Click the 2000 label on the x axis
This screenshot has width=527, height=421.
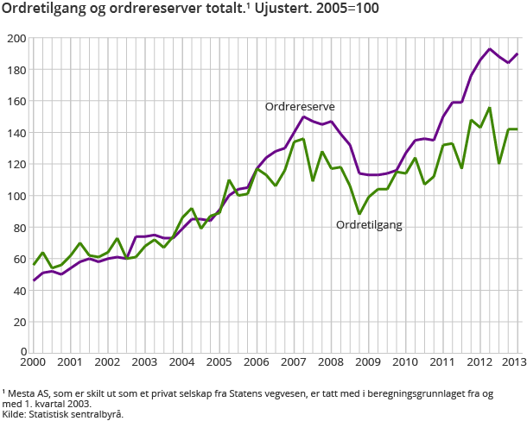(x=34, y=362)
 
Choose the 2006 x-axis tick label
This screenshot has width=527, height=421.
(x=256, y=362)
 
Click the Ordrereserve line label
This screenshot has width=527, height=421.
(x=300, y=106)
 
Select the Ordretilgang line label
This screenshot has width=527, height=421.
(x=370, y=224)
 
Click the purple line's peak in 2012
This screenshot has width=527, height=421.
(x=490, y=49)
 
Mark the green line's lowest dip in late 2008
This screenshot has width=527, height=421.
(x=359, y=214)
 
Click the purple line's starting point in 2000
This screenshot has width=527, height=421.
(x=34, y=280)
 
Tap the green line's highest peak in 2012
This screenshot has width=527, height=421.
(x=490, y=108)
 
